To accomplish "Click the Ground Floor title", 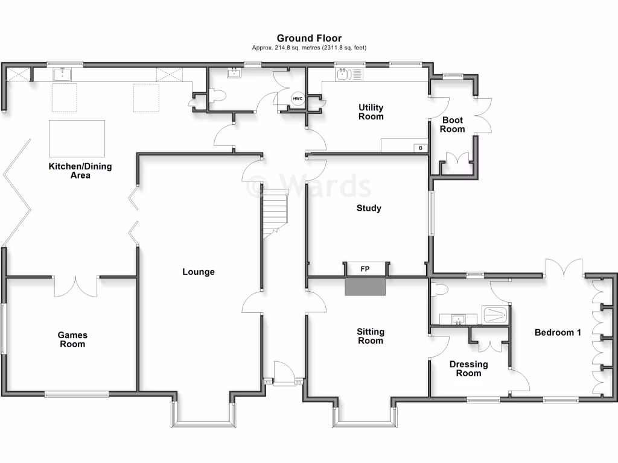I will click(309, 38).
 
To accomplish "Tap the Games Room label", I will click(72, 339).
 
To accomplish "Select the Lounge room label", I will click(199, 272).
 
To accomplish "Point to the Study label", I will click(369, 209).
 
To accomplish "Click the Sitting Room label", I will click(370, 336).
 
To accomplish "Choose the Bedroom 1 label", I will click(558, 332).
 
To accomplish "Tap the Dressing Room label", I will click(468, 368).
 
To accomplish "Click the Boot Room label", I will click(452, 125).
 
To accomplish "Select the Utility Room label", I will click(371, 112).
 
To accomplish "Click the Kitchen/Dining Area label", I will click(80, 171).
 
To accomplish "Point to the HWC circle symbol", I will click(298, 99).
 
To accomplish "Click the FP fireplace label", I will click(365, 269).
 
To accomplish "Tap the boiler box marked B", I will click(420, 148).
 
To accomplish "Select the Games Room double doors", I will click(76, 286).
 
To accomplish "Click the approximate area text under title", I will click(309, 48).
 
